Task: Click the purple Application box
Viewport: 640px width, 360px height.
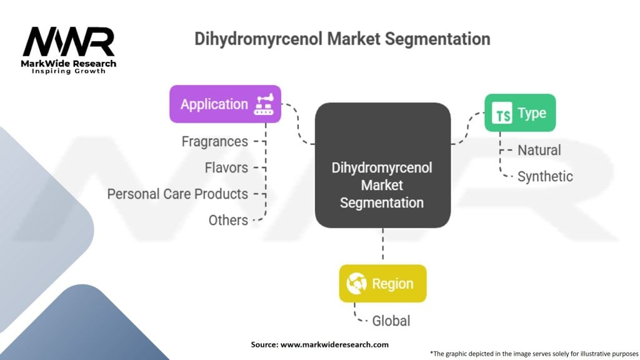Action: (x=225, y=104)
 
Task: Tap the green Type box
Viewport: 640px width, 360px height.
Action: (x=520, y=113)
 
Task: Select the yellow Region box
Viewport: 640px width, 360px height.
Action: (x=382, y=284)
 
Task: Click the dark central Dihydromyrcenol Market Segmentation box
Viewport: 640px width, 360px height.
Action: (x=382, y=166)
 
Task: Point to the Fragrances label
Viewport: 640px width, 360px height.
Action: (x=214, y=142)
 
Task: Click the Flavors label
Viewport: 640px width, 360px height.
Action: (x=226, y=167)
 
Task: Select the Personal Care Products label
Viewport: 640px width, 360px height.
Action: (x=177, y=194)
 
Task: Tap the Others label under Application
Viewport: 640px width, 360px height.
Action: (x=228, y=220)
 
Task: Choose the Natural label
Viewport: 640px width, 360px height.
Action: (x=539, y=150)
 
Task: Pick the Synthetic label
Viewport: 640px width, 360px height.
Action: (x=545, y=176)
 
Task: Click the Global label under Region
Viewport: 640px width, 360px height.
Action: (x=391, y=321)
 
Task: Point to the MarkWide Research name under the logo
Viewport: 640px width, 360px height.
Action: (x=69, y=63)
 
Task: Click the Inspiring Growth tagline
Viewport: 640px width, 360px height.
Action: (x=69, y=71)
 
